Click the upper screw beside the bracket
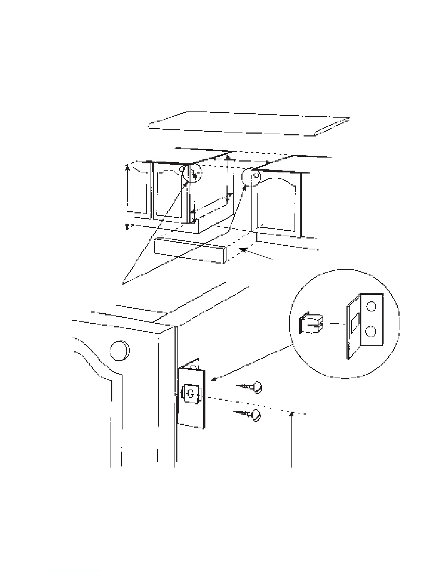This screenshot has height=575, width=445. tap(251, 387)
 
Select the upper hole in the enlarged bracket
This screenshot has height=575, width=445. tap(371, 307)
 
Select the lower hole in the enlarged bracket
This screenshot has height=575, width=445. tap(371, 331)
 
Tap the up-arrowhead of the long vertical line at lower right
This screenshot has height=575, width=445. tap(291, 413)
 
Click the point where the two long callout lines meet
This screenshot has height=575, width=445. tap(123, 284)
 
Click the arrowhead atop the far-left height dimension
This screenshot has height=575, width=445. tap(127, 168)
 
